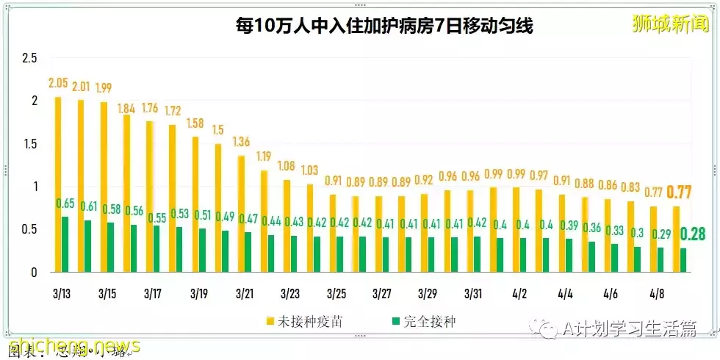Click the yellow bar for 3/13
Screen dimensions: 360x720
pos(58,184)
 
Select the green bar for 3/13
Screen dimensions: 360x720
pos(65,245)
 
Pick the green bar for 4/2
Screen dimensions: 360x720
pos(523,255)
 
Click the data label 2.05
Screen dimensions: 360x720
pos(60,83)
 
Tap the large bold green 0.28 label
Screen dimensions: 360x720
pos(693,235)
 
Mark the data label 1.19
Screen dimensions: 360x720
pos(264,156)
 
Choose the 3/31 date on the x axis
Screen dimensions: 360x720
pos(474,294)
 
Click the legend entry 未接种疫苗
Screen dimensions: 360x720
pos(303,321)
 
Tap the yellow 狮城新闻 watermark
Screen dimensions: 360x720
pos(669,24)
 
